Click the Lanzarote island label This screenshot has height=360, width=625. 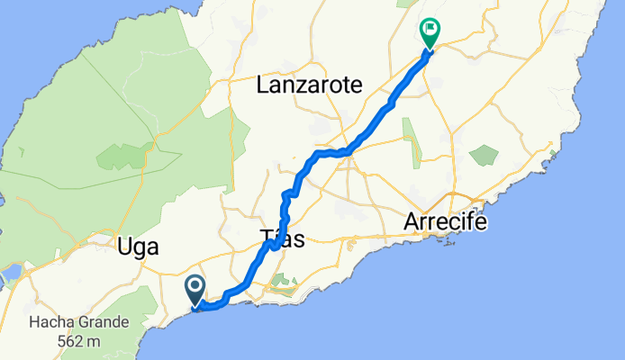pos(309,85)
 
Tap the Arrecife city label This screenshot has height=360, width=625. pos(446,220)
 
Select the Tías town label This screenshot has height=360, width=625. pos(283,240)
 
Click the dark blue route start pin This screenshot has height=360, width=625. pos(195,289)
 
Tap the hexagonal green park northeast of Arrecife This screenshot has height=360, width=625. pos(485,155)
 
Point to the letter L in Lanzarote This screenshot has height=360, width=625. pos(262,85)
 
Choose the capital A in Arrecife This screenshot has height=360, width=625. pos(412,220)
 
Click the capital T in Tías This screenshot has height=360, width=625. pos(267,240)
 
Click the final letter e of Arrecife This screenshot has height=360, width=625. pos(481,221)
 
